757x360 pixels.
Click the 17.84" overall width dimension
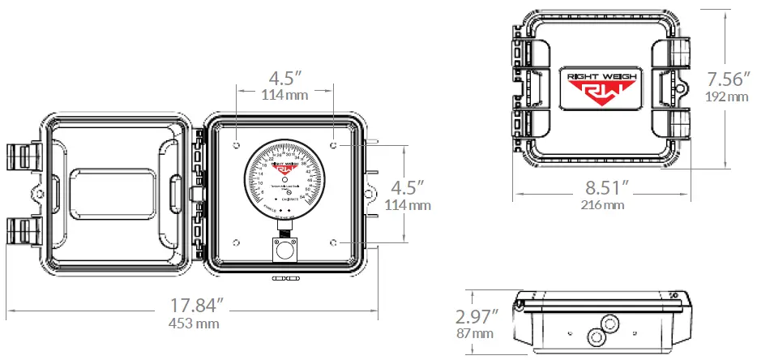(x=196, y=306)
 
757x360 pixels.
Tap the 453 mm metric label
(x=195, y=324)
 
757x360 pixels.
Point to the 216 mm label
(x=602, y=205)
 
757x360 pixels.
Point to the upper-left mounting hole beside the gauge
(x=236, y=145)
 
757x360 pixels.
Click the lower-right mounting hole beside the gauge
(x=334, y=242)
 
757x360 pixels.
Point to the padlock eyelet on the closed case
(x=682, y=87)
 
